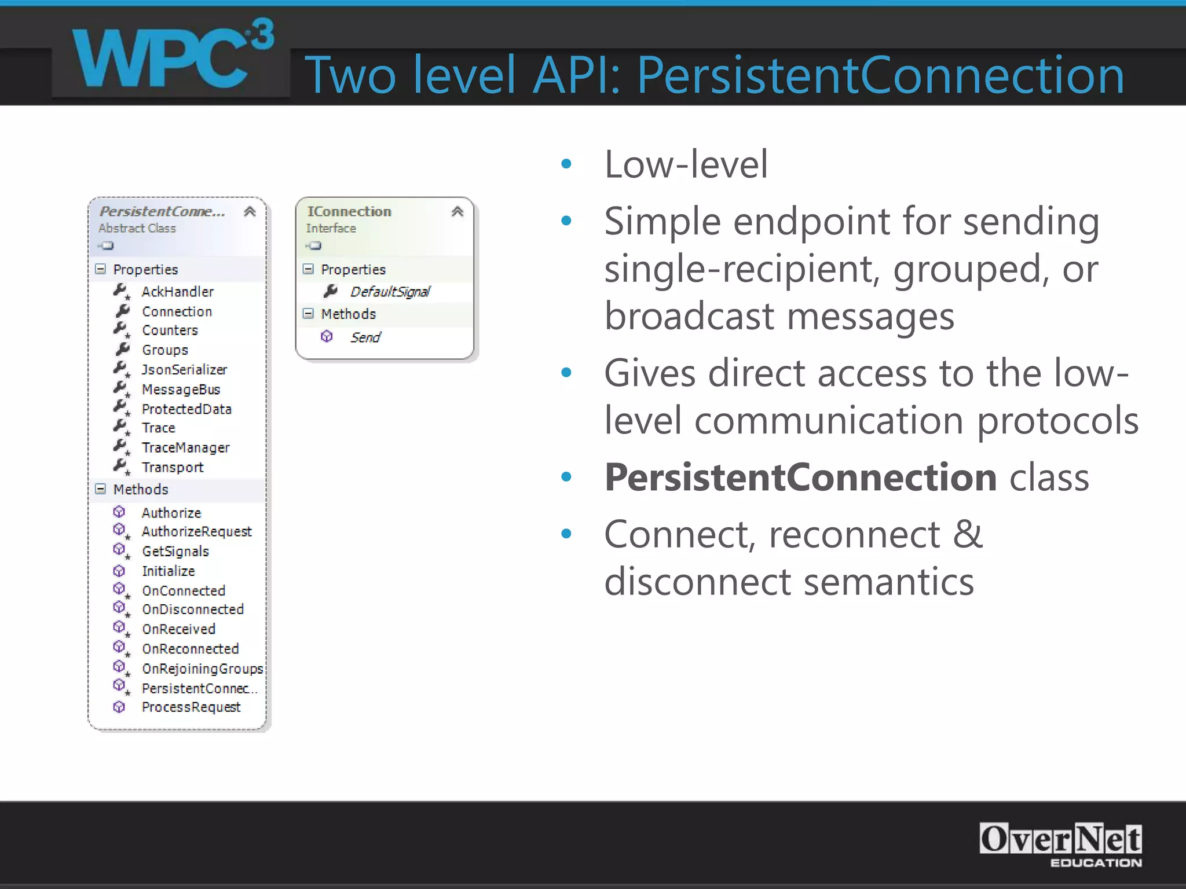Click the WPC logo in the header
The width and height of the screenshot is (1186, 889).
pos(171,58)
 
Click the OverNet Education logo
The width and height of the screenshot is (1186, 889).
pos(1060,844)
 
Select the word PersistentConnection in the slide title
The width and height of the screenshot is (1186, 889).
pos(880,75)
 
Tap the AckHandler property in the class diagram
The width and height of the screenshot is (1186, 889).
pos(177,292)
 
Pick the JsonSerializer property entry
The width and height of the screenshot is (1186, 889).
pos(184,369)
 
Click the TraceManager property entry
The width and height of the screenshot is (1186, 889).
pos(185,447)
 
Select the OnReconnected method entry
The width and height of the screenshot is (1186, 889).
pos(190,649)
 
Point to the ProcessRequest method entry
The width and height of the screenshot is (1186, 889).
pos(191,707)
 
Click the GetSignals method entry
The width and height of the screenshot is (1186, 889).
pos(175,551)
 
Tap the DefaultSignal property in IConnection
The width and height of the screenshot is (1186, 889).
pos(390,292)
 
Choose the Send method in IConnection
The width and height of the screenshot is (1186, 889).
pos(365,337)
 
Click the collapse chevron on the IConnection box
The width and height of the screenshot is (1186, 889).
pos(457,212)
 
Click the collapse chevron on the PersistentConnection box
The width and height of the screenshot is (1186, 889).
pos(250,212)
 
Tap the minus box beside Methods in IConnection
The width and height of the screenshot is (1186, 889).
pos(308,314)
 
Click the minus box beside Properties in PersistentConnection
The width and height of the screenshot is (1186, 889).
pos(101,269)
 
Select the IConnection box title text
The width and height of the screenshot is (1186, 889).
pos(349,212)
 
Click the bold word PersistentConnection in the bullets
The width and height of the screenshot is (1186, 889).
pos(800,478)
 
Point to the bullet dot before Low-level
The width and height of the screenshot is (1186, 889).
pos(566,164)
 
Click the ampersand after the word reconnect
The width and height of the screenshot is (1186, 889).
pos(968,534)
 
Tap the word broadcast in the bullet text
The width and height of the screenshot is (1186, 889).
pos(689,317)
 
